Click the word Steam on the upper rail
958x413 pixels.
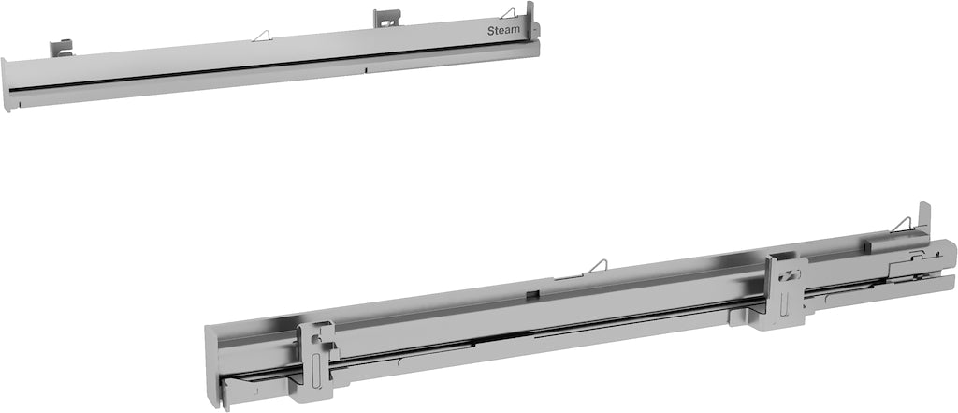coord(504,30)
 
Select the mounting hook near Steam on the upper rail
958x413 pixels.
coord(386,18)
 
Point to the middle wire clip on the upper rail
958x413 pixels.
coord(262,36)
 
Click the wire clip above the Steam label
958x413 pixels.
coord(508,13)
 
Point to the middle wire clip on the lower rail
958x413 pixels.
coord(596,268)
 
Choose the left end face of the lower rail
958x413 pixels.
coord(211,365)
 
